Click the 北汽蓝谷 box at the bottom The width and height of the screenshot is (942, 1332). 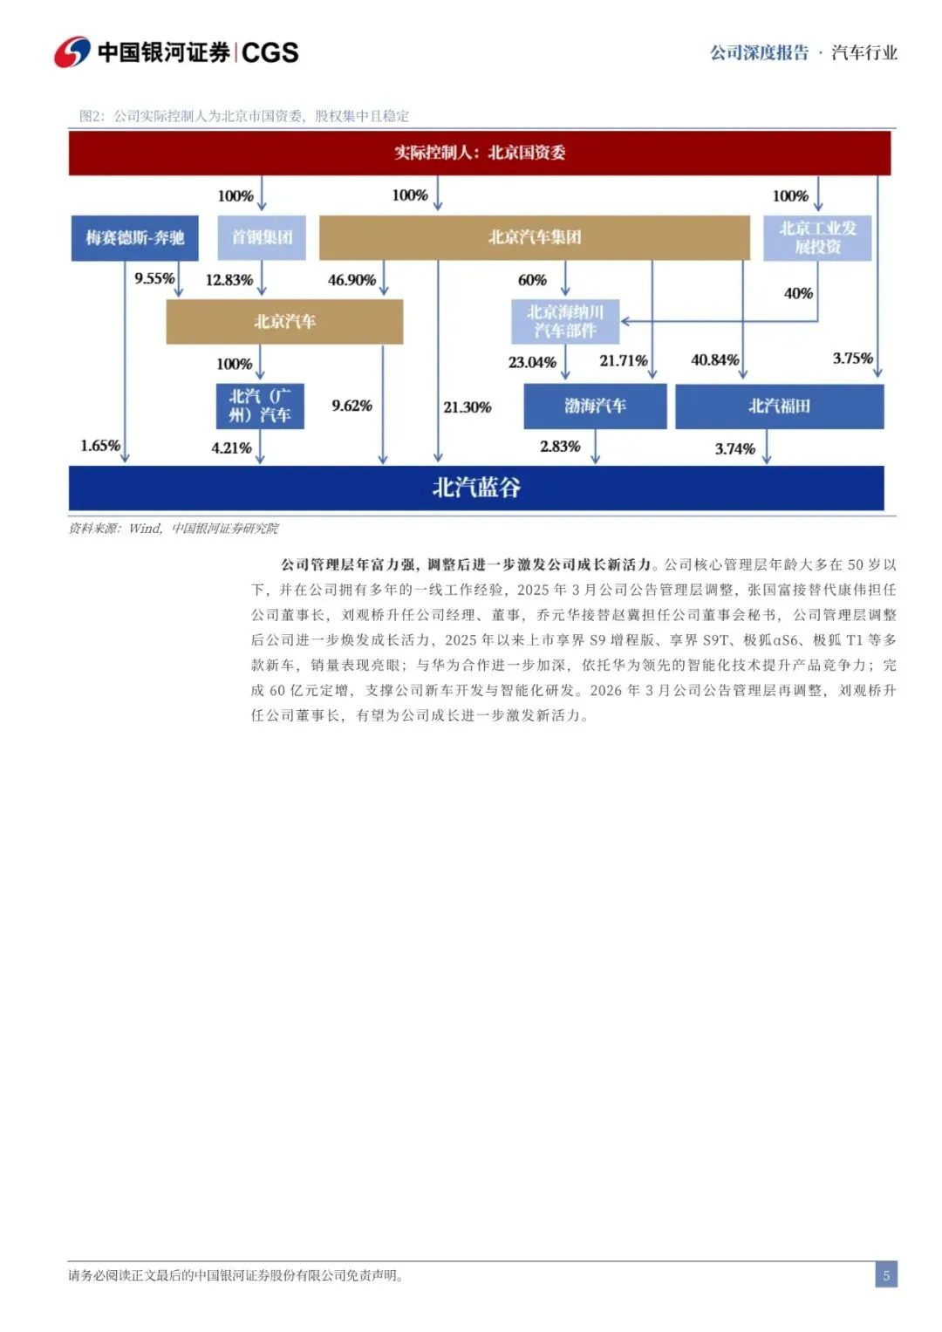pos(476,488)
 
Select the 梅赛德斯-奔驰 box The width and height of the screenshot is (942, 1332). pos(135,237)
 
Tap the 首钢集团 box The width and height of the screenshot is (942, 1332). pos(262,237)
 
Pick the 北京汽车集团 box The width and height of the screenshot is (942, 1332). pos(534,237)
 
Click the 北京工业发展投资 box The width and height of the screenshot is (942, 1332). pos(817,237)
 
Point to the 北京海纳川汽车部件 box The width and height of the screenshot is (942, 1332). pos(565,321)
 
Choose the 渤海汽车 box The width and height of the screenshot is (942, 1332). pos(595,406)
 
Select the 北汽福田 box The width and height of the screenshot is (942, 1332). pos(779,406)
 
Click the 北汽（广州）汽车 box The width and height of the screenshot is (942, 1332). pos(260,406)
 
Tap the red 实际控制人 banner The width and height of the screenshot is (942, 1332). pos(480,153)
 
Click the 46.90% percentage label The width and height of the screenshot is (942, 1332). pos(352,280)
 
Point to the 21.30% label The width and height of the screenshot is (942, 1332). pos(467,406)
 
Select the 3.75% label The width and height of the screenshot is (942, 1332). pos(852,358)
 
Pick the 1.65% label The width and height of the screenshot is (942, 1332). pos(100,446)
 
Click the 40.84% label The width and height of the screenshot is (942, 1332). pos(714,359)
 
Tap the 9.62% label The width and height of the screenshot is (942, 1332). pos(352,406)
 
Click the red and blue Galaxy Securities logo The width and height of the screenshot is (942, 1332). pos(72,52)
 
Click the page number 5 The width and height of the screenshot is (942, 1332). pos(886,1275)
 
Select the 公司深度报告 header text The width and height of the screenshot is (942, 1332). pos(759,52)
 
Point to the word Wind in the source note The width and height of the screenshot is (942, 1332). pos(145,528)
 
